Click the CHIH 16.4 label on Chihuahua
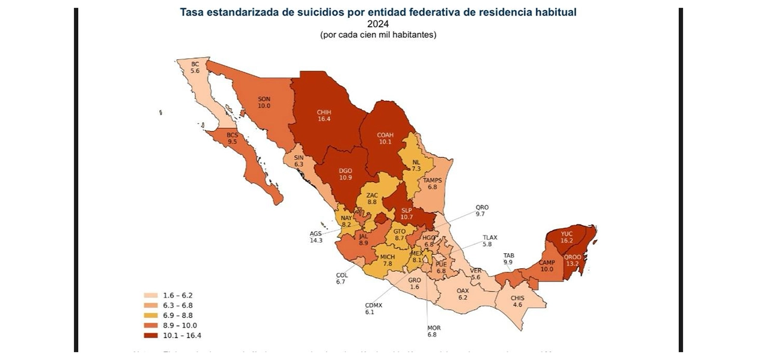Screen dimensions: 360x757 click(324, 115)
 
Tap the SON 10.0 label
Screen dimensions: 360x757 click(264, 102)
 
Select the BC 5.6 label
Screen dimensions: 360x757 click(195, 67)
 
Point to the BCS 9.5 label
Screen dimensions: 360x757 click(233, 139)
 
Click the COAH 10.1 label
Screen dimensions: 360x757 click(385, 139)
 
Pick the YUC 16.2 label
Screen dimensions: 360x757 click(567, 236)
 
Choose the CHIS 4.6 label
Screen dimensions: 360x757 click(517, 302)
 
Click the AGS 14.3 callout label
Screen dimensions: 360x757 click(316, 236)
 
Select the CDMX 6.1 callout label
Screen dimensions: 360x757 click(373, 308)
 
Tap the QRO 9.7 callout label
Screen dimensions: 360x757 click(482, 211)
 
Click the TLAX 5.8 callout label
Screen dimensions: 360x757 click(490, 241)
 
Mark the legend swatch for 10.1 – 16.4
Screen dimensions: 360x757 click(150, 335)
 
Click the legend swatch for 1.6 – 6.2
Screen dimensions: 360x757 click(150, 295)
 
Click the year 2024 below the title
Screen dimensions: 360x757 click(378, 24)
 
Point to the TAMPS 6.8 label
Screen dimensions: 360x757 click(432, 184)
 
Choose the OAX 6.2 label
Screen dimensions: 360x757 click(462, 294)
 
